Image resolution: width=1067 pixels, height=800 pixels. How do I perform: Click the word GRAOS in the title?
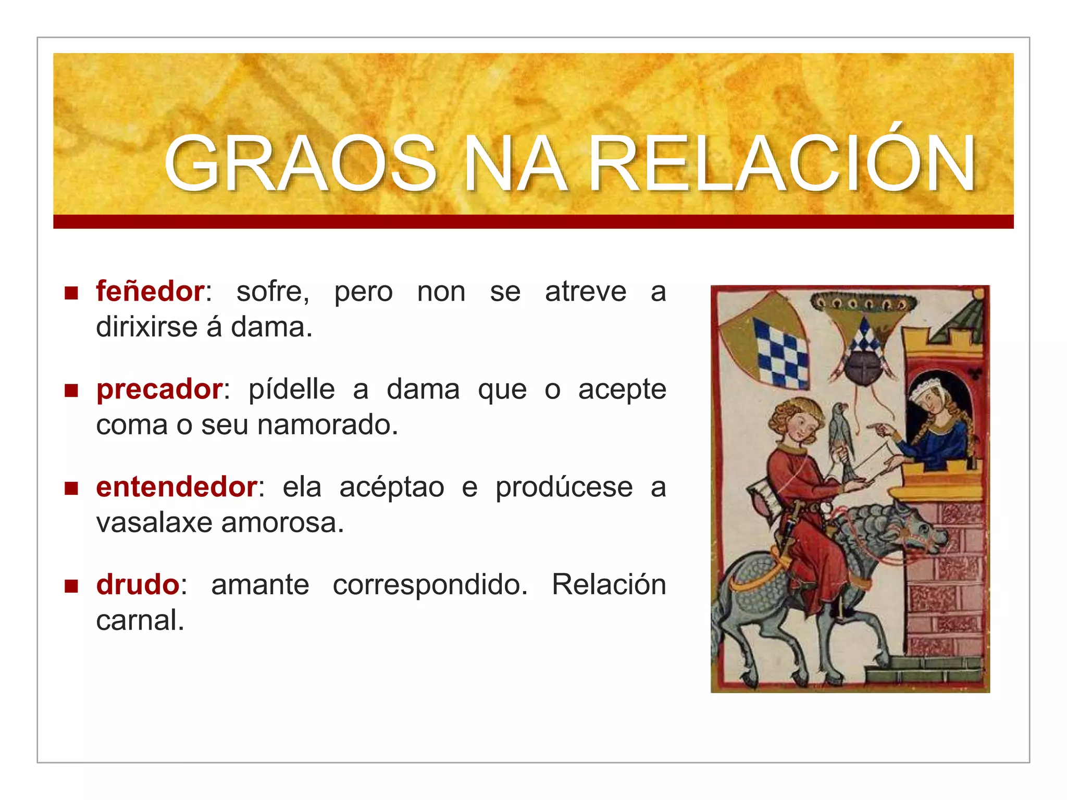300,164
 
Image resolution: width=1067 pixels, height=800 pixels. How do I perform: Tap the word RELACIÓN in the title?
781,164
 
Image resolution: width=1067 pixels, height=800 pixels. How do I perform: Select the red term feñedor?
150,291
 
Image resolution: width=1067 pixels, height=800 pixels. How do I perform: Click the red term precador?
160,389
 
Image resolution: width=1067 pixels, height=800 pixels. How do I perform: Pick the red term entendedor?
177,487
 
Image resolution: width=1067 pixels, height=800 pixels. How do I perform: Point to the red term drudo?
138,584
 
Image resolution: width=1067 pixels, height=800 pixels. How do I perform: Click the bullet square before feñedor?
71,293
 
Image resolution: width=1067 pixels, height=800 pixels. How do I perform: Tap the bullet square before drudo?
71,586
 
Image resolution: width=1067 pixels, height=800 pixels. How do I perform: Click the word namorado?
327,425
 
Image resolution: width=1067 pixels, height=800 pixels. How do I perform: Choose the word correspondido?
430,584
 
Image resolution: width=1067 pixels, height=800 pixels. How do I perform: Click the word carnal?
140,620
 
